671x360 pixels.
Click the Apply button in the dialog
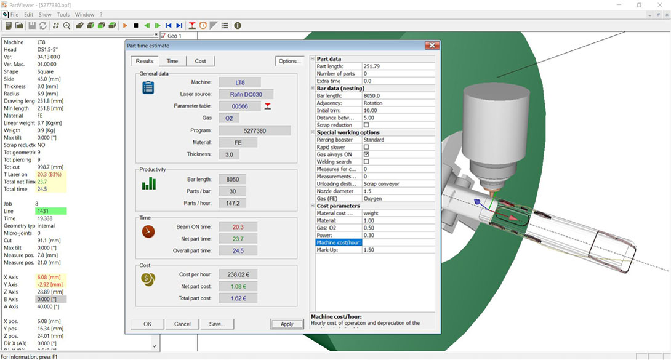pos(287,324)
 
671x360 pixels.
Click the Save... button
pos(216,324)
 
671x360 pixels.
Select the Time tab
pos(172,61)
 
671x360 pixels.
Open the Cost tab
pos(200,61)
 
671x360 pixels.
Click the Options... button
pos(289,61)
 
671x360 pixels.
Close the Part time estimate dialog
pos(432,46)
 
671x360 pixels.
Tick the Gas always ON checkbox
pos(366,154)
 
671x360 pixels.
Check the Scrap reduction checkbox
pos(366,125)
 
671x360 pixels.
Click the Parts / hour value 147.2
pos(233,202)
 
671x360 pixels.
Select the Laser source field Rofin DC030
pos(246,94)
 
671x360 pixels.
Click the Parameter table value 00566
pos(239,106)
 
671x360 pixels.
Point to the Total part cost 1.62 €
pos(238,298)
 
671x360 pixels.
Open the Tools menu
pos(63,14)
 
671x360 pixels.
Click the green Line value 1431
pos(51,211)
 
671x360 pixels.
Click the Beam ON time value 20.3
pos(238,227)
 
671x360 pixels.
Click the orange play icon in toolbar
pos(125,26)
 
